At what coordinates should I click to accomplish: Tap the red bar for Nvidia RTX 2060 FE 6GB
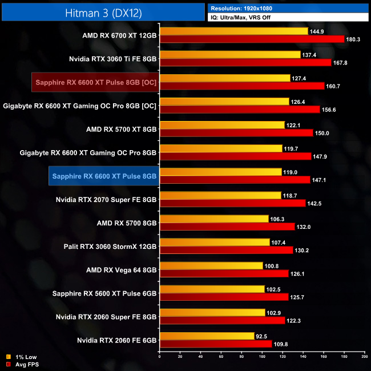coord(216,344)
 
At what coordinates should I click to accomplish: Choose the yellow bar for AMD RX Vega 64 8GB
coord(211,265)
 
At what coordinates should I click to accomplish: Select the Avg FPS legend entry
coord(26,364)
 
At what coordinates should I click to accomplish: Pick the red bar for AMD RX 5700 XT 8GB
coord(236,133)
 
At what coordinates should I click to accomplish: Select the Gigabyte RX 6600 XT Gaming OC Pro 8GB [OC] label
coord(80,106)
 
